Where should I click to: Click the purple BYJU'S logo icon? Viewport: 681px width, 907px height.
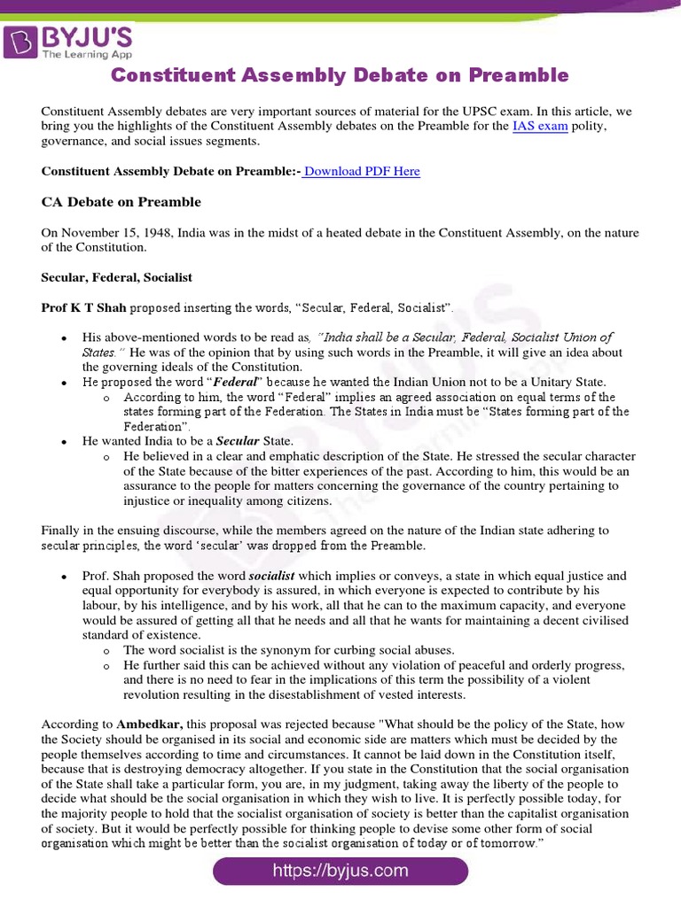20,40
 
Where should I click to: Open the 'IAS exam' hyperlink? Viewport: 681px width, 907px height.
540,127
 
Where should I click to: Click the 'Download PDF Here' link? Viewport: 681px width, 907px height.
362,171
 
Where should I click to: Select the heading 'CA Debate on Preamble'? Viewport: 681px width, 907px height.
121,202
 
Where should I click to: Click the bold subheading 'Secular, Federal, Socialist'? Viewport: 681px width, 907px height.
117,277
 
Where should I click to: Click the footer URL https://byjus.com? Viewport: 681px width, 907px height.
340,871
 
